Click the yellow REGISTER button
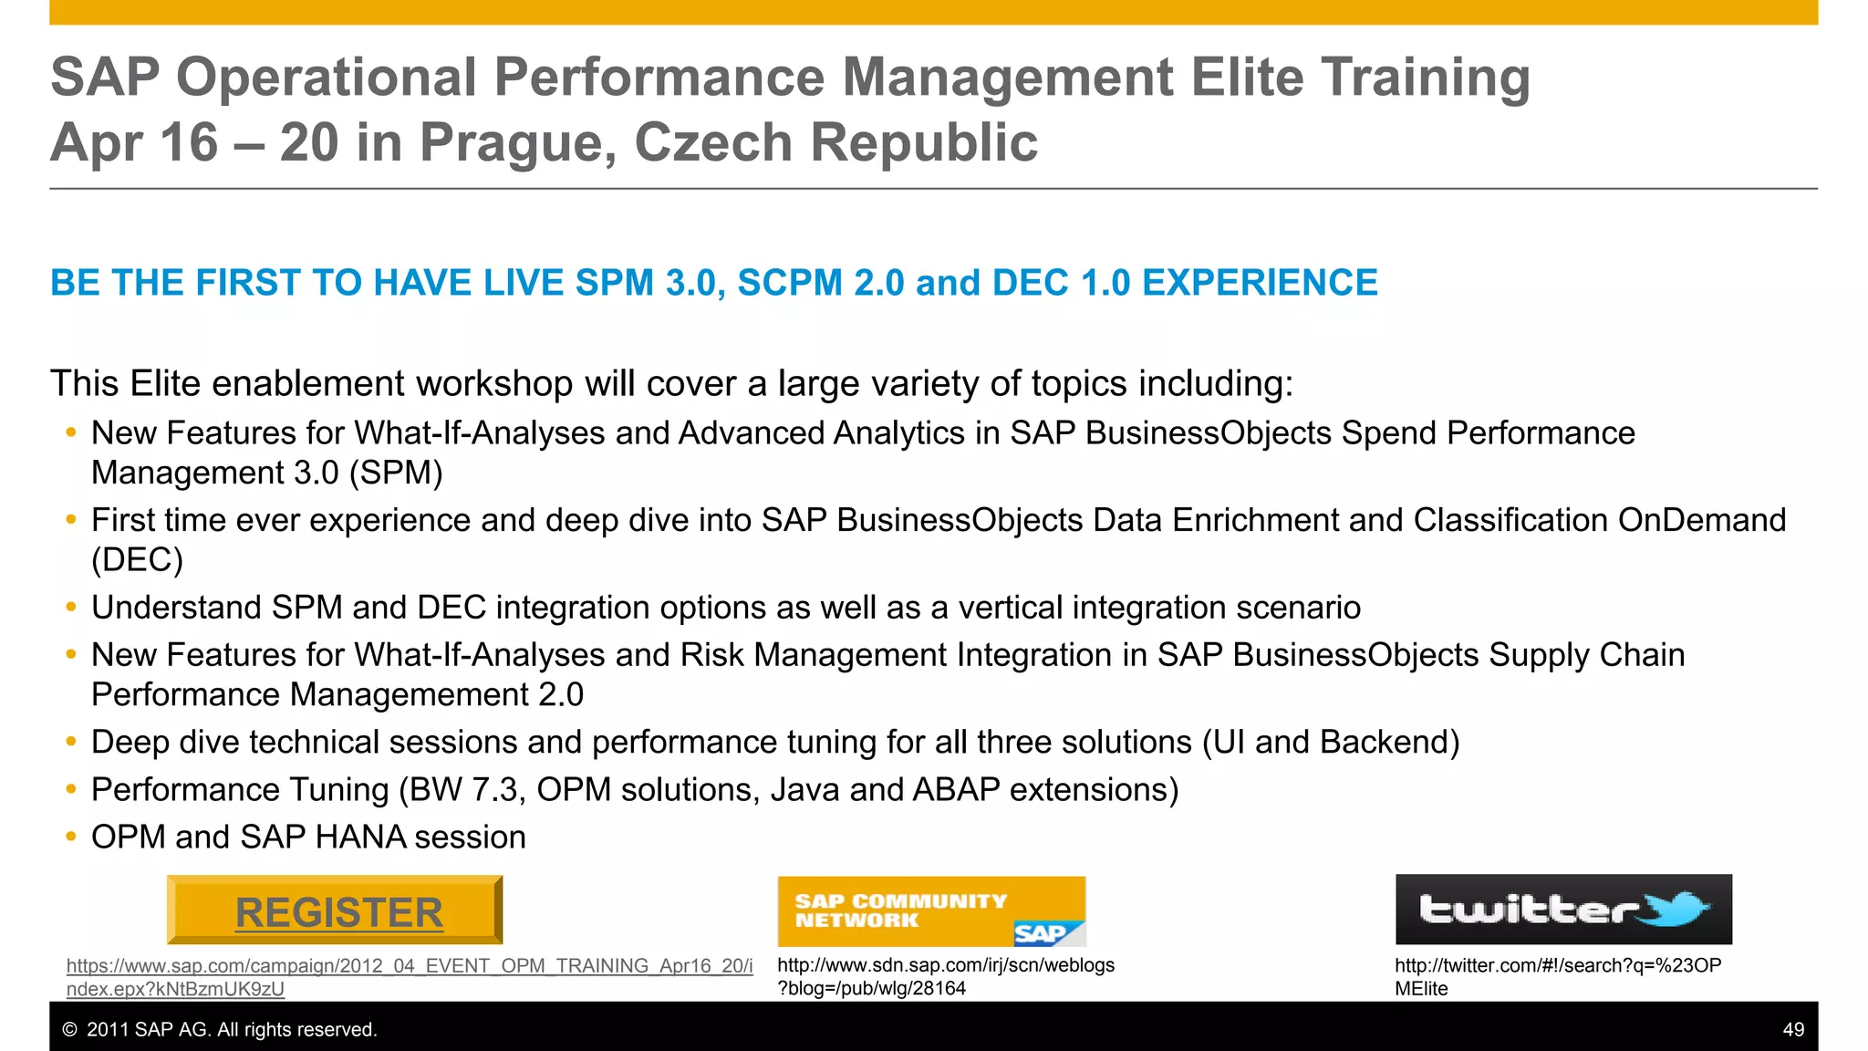pos(335,911)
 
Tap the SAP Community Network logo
pos(930,911)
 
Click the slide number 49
pos(1792,1029)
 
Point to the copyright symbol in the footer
pos(69,1030)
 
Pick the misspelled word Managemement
pos(409,695)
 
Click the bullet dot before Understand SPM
pos(71,608)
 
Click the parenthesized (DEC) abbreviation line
pos(137,560)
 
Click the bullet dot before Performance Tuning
pos(71,789)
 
